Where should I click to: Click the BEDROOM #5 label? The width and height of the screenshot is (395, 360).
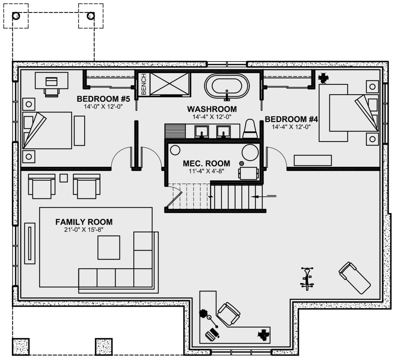[x=103, y=99]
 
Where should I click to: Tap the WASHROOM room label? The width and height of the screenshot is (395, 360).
[x=212, y=109]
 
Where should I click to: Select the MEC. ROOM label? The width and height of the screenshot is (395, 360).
[x=206, y=163]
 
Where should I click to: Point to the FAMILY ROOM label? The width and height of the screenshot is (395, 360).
[x=84, y=222]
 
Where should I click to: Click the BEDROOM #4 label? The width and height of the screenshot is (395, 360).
[x=291, y=119]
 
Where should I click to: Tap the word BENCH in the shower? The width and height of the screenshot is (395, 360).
[x=144, y=84]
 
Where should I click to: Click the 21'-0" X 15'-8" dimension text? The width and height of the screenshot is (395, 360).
[x=84, y=230]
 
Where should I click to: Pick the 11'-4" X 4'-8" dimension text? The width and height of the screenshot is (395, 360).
[x=206, y=171]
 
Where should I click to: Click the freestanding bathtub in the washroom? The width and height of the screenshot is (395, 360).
[x=227, y=86]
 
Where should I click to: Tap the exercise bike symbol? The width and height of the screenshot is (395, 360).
[x=307, y=278]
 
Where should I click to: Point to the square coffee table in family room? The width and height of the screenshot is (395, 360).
[x=109, y=247]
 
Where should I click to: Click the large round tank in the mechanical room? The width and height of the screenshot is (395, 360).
[x=250, y=152]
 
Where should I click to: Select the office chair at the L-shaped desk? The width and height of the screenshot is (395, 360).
[x=228, y=314]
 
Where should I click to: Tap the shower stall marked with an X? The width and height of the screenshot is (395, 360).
[x=170, y=84]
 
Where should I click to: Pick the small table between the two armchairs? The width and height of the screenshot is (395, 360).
[x=64, y=178]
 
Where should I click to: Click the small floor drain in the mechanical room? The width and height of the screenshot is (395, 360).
[x=241, y=163]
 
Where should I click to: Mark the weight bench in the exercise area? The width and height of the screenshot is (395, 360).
[x=355, y=278]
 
